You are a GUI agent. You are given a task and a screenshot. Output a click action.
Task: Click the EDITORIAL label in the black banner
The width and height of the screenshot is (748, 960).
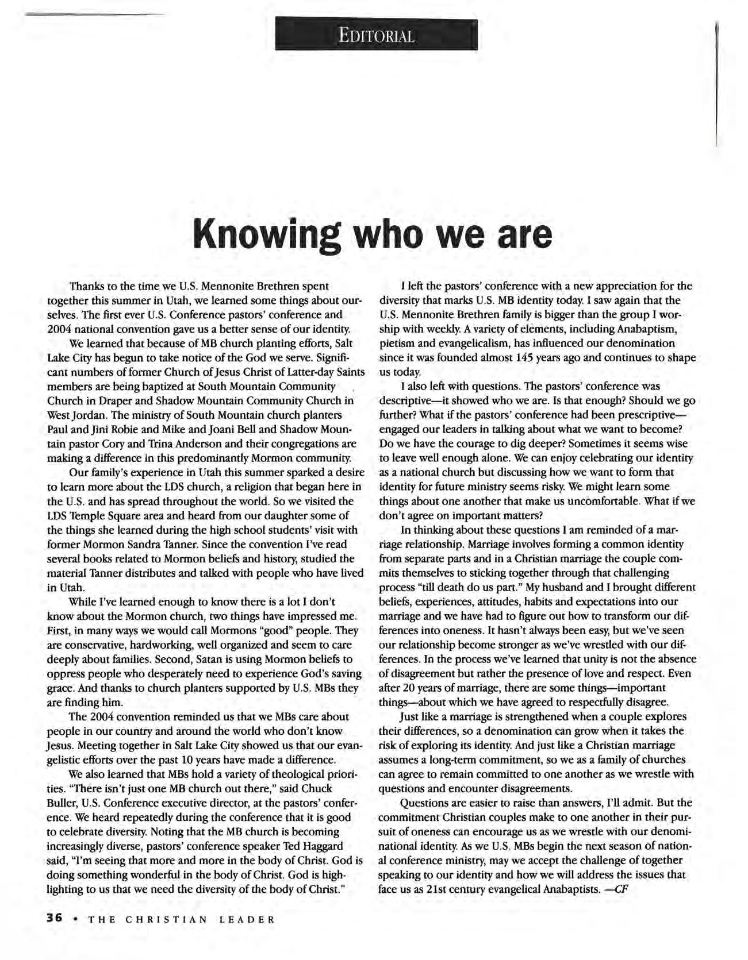(x=376, y=36)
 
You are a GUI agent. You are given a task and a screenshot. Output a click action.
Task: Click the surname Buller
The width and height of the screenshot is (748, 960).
(x=60, y=803)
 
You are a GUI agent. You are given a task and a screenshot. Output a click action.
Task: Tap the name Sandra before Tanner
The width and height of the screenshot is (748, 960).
(x=190, y=544)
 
